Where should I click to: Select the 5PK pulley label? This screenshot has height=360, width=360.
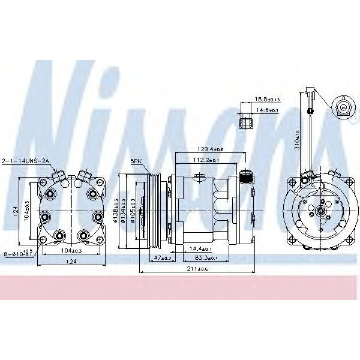(136, 161)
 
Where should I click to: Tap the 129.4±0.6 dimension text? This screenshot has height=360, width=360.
(210, 149)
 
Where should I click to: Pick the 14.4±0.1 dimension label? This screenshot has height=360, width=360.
(200, 248)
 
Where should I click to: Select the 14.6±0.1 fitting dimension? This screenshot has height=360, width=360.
(268, 110)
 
